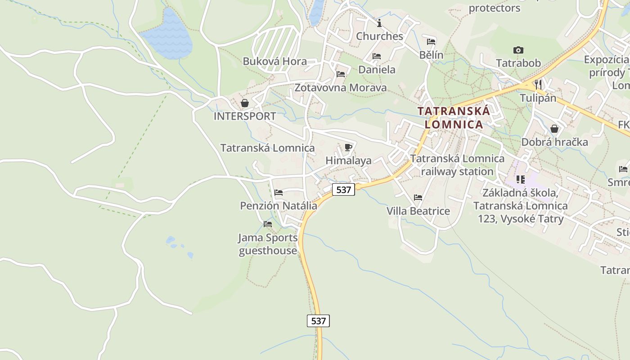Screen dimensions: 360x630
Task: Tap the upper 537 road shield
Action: click(x=343, y=189)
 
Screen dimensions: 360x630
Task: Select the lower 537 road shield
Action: click(x=318, y=321)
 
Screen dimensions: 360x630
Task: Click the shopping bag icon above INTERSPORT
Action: click(x=245, y=103)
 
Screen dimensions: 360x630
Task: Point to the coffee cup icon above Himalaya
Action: click(x=348, y=147)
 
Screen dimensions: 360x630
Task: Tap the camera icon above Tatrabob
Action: click(x=518, y=50)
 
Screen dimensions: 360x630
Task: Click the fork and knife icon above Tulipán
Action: click(x=538, y=84)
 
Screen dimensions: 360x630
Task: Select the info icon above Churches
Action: click(x=379, y=23)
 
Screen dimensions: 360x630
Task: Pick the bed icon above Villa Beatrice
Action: click(x=418, y=197)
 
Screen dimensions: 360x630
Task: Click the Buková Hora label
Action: click(x=274, y=61)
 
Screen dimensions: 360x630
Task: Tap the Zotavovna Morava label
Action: click(x=340, y=87)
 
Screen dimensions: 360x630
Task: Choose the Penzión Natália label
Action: click(x=278, y=206)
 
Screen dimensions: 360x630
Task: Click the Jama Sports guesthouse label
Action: click(x=268, y=244)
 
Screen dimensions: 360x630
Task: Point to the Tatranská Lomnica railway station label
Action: click(x=457, y=165)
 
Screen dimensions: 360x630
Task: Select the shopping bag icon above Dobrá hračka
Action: click(x=554, y=129)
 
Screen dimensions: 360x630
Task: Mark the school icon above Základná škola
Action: click(x=521, y=180)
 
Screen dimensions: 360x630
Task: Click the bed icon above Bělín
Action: click(x=431, y=42)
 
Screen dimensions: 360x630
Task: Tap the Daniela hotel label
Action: click(x=377, y=69)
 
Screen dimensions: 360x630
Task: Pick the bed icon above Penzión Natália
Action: click(x=279, y=193)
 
